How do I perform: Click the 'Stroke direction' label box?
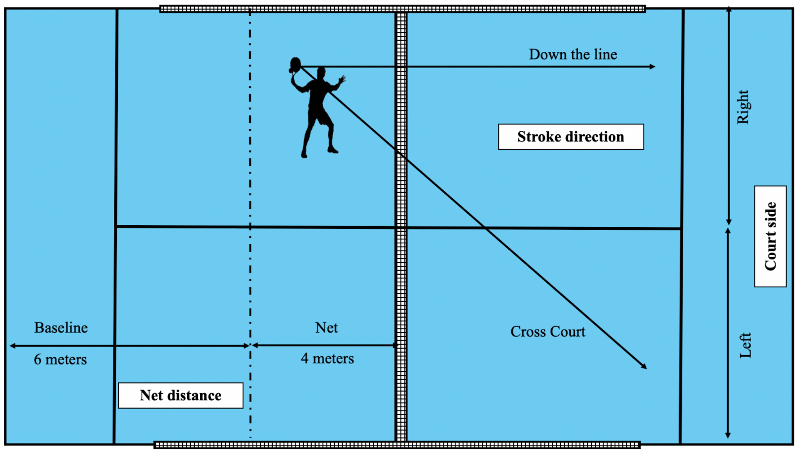571,137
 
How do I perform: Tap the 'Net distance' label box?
180,396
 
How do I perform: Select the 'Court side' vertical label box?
771,236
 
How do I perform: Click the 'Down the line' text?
573,54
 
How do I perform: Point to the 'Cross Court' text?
548,332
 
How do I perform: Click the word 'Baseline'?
61,328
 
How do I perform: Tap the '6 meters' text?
60,360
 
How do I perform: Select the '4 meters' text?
328,358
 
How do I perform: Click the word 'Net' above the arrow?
327,328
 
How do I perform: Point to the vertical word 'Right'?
744,107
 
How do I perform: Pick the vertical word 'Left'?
745,346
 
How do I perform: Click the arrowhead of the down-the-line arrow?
652,66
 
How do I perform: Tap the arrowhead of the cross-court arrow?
644,366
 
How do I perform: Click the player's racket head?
295,64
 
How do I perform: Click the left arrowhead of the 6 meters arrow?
12,346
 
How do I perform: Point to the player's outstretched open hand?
342,79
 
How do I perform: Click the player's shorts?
320,115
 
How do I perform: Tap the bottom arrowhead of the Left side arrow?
728,435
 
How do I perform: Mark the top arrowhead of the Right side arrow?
729,9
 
